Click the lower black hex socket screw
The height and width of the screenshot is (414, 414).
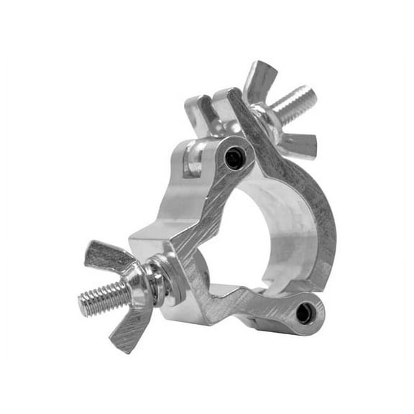coord(305,313)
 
